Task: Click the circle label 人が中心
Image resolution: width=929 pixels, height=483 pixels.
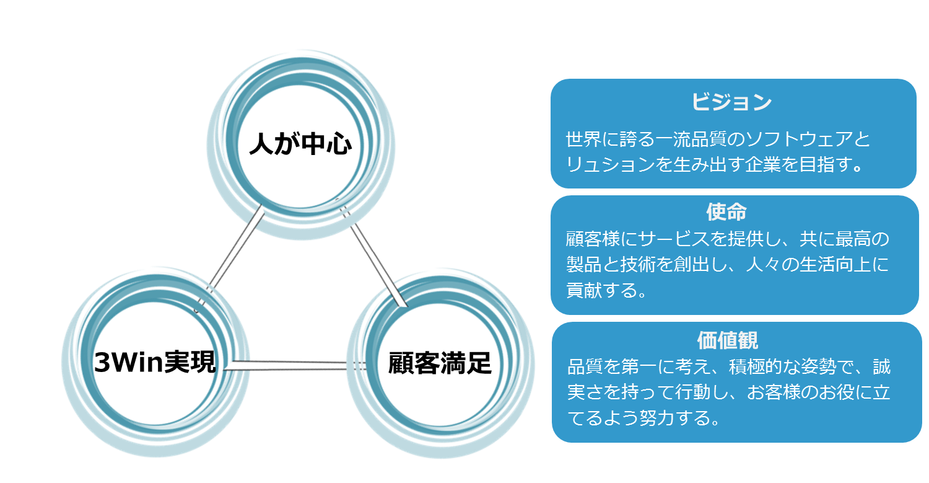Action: tap(300, 144)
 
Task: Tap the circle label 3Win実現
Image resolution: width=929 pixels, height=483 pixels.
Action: tap(155, 362)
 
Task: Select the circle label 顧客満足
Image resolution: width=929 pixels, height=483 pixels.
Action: tap(440, 363)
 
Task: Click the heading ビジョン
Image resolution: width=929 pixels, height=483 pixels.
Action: tap(731, 102)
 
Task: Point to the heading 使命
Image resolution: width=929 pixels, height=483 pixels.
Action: tap(726, 212)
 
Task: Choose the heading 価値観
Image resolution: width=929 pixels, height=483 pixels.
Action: tap(728, 340)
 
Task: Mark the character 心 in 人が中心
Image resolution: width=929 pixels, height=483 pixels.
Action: tap(339, 144)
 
